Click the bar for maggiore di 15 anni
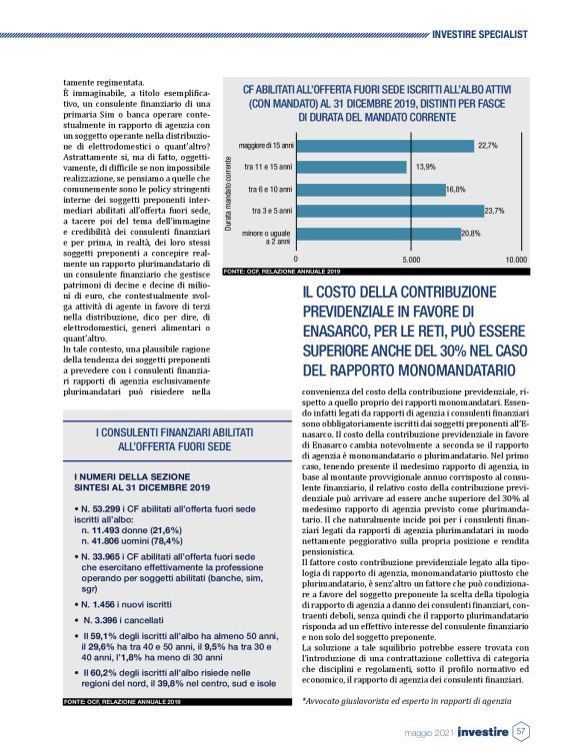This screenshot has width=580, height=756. coord(385,146)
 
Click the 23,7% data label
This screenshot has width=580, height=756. coord(494,211)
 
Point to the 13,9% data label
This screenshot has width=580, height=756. coord(425,167)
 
